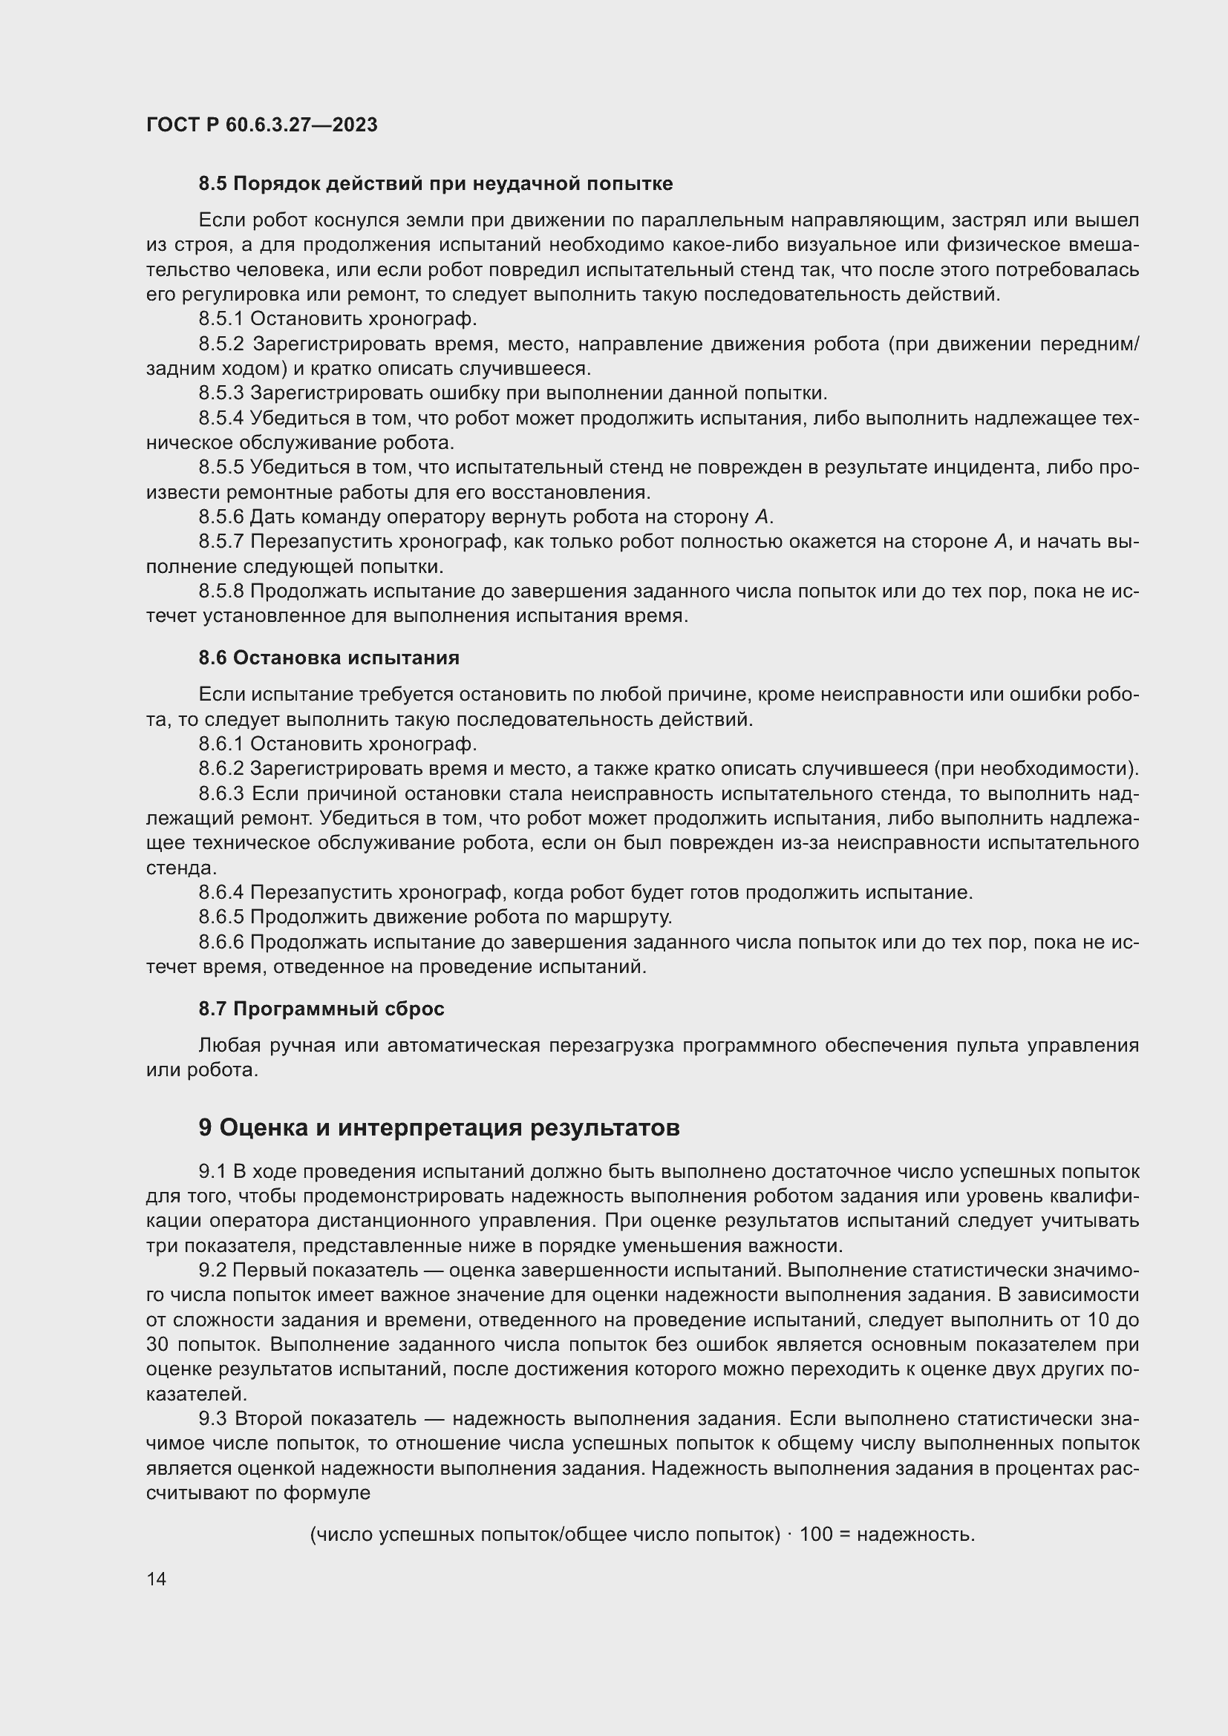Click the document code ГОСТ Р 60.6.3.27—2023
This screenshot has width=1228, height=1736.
click(x=261, y=125)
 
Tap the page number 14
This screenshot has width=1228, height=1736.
click(x=157, y=1579)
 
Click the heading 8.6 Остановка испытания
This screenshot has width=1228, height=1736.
click(x=329, y=658)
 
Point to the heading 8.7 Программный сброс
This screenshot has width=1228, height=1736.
click(x=321, y=1009)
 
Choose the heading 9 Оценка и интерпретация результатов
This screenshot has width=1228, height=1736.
click(x=439, y=1127)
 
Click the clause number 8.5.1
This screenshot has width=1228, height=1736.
click(x=221, y=319)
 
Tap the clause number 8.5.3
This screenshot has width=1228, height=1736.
click(x=221, y=393)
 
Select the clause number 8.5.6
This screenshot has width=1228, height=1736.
click(x=221, y=517)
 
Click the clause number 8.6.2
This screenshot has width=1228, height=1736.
click(x=221, y=769)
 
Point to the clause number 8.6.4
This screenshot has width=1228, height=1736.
click(x=221, y=893)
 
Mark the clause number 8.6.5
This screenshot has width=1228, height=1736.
click(x=221, y=917)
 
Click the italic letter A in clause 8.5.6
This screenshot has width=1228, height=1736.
click(x=762, y=517)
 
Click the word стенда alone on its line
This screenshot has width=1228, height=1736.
click(x=180, y=868)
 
